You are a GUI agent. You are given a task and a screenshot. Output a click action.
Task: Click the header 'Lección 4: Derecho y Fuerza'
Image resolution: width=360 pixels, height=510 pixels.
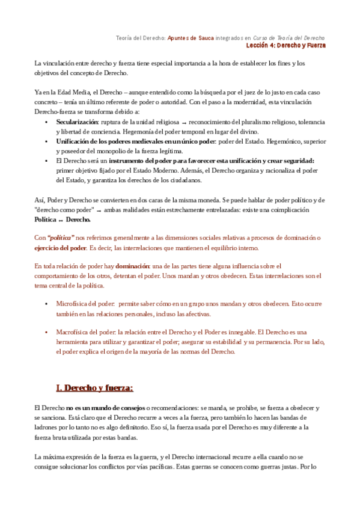(285, 46)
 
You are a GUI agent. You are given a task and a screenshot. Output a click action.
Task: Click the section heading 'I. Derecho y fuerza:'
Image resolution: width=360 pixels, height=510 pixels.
(94, 387)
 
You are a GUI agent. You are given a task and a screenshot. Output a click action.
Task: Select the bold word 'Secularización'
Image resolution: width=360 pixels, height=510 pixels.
(77, 121)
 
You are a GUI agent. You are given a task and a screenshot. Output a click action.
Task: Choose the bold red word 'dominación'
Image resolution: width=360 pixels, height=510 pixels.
(133, 265)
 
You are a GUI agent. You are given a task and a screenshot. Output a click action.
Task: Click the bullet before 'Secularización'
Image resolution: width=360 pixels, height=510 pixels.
(46, 121)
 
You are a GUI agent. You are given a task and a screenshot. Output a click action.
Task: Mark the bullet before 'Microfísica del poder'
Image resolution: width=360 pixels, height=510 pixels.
(46, 304)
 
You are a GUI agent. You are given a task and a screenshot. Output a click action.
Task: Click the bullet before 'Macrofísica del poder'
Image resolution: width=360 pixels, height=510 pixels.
(46, 332)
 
